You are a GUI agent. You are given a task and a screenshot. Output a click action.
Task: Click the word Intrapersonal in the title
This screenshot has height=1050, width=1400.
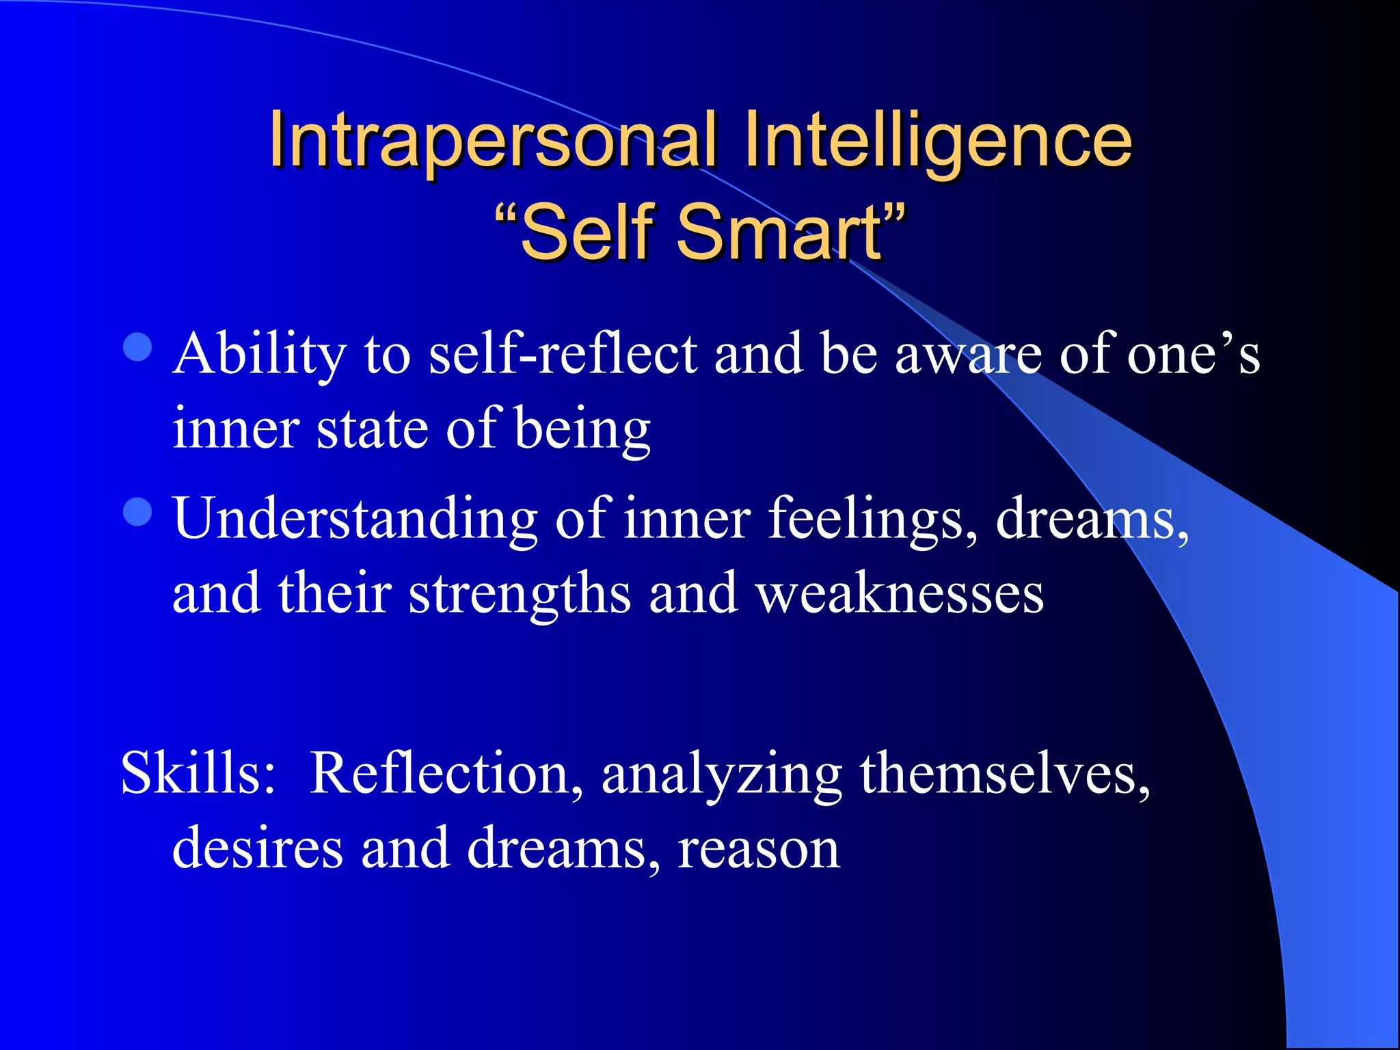(x=492, y=140)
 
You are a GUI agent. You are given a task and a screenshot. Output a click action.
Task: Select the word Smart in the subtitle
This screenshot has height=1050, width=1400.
(x=779, y=232)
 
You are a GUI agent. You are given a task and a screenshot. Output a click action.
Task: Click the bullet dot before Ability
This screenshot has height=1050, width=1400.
(x=137, y=347)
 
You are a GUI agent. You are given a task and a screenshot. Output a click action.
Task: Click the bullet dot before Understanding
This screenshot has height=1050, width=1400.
(x=137, y=512)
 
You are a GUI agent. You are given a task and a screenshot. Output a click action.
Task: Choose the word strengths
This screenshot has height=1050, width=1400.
(x=520, y=593)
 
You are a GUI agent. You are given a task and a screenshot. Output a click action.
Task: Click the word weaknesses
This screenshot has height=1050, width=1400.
(x=900, y=593)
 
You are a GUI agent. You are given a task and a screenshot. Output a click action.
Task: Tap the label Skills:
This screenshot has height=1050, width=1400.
(x=198, y=773)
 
